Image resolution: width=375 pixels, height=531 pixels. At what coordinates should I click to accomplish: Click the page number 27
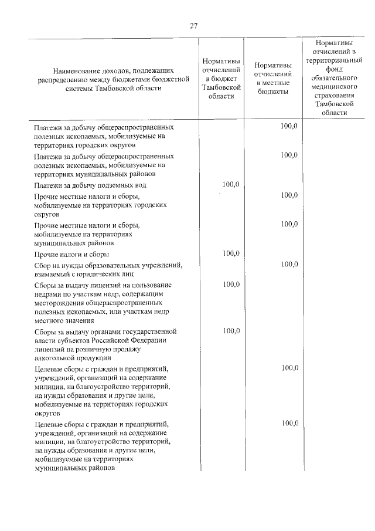[x=194, y=26]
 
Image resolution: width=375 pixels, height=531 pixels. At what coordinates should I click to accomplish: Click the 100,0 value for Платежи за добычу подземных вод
[x=231, y=185]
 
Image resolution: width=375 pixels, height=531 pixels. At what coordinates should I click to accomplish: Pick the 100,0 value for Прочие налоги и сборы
[x=231, y=253]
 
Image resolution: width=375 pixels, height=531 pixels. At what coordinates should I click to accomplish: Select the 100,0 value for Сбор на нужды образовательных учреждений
[x=289, y=265]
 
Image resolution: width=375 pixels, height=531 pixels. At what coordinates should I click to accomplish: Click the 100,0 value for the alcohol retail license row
[x=231, y=331]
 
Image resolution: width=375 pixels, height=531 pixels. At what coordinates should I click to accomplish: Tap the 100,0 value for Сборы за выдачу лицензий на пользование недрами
[x=231, y=285]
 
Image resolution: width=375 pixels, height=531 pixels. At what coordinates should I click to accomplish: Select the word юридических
[x=105, y=273]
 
